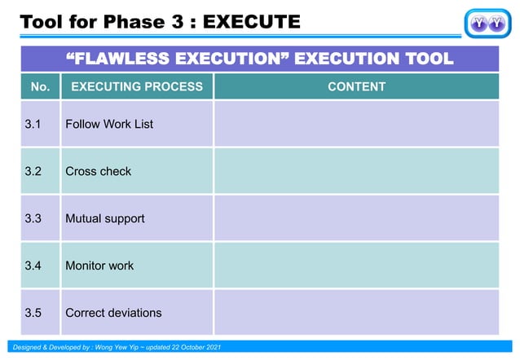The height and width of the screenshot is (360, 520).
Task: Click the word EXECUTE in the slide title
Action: tap(251, 21)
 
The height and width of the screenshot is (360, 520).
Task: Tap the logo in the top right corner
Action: tap(487, 23)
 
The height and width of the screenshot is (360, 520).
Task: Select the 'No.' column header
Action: tap(40, 86)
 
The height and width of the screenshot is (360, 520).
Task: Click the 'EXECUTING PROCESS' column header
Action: tap(137, 86)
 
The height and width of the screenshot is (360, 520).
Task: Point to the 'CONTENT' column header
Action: tap(356, 86)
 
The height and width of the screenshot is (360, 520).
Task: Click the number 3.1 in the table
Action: tap(33, 124)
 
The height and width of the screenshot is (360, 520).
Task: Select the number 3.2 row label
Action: tap(33, 171)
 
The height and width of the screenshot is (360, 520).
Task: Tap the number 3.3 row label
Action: tap(33, 218)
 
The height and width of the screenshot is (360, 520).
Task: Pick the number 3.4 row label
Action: tap(33, 266)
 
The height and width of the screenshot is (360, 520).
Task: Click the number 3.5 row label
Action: tap(33, 313)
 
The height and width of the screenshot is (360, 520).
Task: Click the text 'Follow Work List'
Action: tap(109, 124)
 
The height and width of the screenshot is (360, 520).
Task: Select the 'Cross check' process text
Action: tap(98, 171)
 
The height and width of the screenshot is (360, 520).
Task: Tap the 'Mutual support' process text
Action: tap(105, 218)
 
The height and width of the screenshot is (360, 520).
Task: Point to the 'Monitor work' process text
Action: tap(99, 266)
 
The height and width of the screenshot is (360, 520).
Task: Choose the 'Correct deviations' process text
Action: tap(113, 313)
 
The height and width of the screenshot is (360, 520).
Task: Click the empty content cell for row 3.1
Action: tap(356, 124)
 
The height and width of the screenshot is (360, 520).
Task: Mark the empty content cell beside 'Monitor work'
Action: tap(356, 266)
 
